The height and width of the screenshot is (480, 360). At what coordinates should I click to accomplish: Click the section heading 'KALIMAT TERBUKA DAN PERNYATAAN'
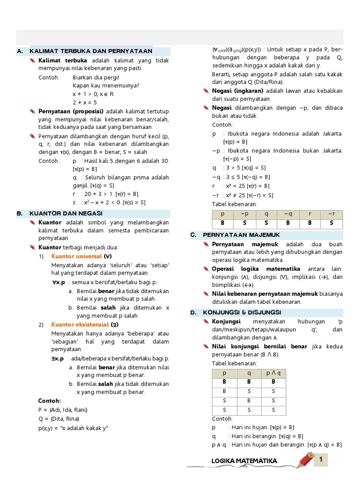90,51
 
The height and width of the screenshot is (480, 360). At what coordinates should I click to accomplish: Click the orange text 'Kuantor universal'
76,256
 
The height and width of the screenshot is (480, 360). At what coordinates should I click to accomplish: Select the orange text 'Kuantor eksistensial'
80,324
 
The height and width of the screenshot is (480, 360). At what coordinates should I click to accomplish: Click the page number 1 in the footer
321,460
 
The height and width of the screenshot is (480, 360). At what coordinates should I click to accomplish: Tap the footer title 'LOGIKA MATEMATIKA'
244,461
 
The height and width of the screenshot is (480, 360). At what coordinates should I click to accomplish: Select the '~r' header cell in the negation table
331,214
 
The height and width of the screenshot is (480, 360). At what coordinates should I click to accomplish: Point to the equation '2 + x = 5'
85,102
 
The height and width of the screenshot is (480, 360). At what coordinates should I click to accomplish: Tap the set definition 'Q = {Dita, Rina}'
59,419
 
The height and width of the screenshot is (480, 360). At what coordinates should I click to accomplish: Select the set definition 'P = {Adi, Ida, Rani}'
63,410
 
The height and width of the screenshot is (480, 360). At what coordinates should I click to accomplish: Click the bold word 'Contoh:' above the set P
50,401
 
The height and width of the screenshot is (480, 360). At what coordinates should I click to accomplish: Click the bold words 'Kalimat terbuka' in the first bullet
63,60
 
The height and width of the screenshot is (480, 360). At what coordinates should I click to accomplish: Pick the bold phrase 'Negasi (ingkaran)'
238,90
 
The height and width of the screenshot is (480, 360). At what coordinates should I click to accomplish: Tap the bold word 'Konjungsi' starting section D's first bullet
226,321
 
